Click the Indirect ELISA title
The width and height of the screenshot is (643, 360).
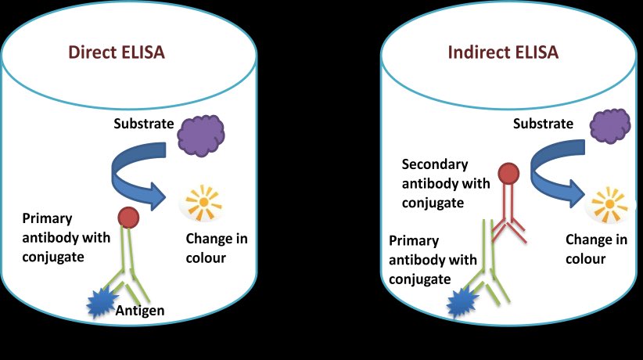[504, 53]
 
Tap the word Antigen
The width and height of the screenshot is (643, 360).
[140, 311]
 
